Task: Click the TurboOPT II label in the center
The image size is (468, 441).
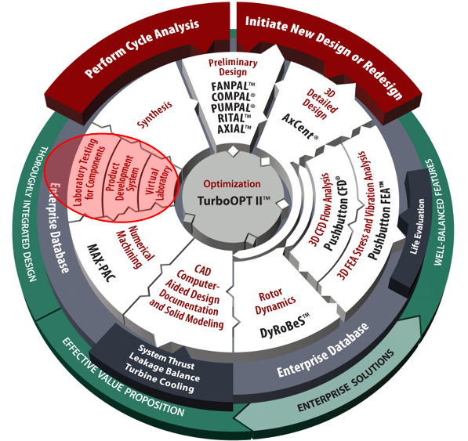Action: (234, 201)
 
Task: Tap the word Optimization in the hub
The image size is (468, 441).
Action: (232, 183)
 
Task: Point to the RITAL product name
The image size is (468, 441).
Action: (234, 118)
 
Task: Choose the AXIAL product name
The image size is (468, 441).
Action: (234, 128)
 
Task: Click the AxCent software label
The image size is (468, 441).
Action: (299, 126)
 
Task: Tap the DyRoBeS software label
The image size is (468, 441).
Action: (285, 325)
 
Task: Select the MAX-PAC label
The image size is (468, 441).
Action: (101, 263)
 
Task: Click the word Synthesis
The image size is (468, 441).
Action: (154, 114)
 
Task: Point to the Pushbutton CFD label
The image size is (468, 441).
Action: (336, 214)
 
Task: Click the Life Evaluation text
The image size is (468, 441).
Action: (417, 226)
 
